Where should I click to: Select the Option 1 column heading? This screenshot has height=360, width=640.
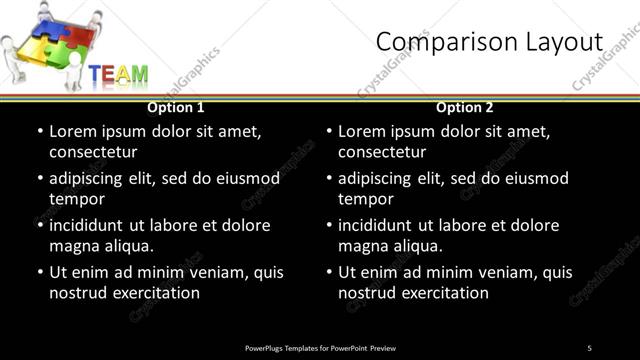tap(176, 107)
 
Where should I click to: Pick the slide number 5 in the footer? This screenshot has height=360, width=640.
tap(590, 348)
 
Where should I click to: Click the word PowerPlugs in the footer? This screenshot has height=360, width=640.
tap(267, 348)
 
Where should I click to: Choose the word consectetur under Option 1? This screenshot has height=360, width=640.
tap(92, 152)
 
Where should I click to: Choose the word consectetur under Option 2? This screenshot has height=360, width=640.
tap(382, 152)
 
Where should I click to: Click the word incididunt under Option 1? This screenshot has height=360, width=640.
tap(93, 225)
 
